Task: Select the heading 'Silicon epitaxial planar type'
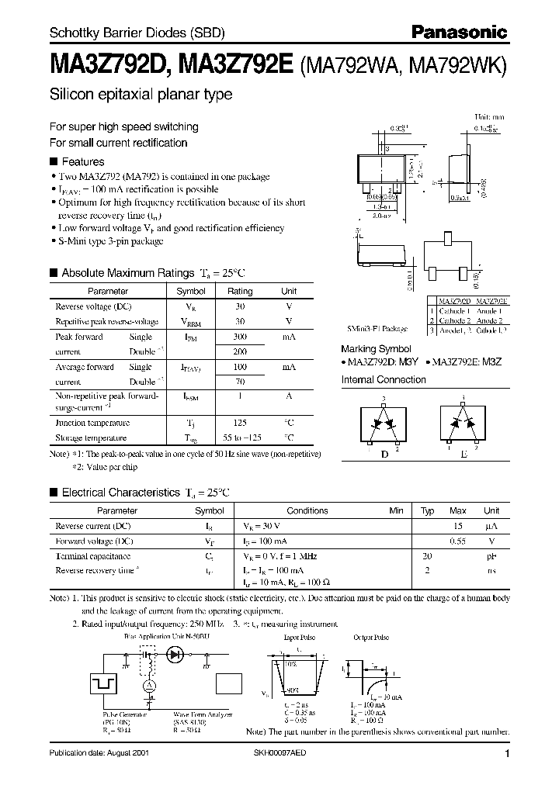click(141, 95)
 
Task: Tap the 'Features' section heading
click(82, 161)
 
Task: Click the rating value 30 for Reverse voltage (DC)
click(240, 306)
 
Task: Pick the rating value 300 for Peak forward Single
click(240, 337)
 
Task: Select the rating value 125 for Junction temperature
click(240, 423)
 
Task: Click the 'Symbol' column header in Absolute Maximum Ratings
click(191, 291)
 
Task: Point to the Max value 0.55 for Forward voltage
click(458, 541)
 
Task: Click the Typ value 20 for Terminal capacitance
click(426, 556)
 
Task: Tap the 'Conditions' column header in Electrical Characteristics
click(307, 510)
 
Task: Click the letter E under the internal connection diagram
click(464, 455)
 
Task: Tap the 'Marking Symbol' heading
click(377, 349)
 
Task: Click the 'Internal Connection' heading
click(384, 379)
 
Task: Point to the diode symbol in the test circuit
click(175, 654)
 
